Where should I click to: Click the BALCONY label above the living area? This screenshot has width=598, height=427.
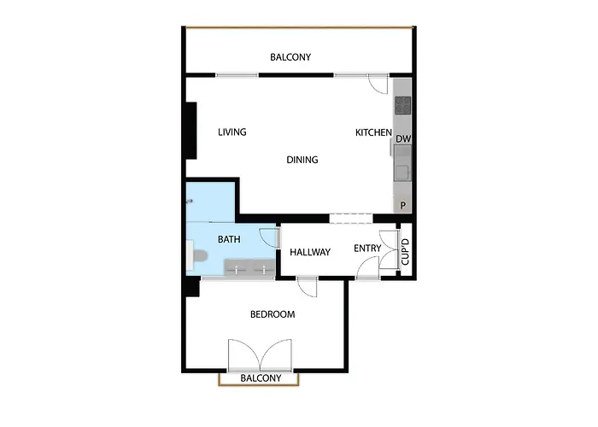290,57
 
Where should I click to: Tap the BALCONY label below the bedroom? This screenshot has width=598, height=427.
261,377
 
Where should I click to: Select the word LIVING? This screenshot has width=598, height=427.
232,132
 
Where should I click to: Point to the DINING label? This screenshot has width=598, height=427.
302,160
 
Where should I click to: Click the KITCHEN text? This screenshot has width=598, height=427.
373,132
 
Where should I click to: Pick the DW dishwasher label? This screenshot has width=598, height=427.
404,139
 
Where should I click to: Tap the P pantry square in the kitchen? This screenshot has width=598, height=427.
403,205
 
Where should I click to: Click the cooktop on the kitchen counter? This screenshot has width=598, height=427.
403,106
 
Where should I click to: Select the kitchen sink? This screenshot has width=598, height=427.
403,171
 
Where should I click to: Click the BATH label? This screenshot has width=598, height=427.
229,239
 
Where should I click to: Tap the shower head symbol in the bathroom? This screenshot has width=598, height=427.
190,202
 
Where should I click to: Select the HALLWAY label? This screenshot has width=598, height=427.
310,253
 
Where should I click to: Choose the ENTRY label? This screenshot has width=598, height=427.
368,249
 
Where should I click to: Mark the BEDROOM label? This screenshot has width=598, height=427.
272,314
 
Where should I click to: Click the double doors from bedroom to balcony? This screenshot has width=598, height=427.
261,354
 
